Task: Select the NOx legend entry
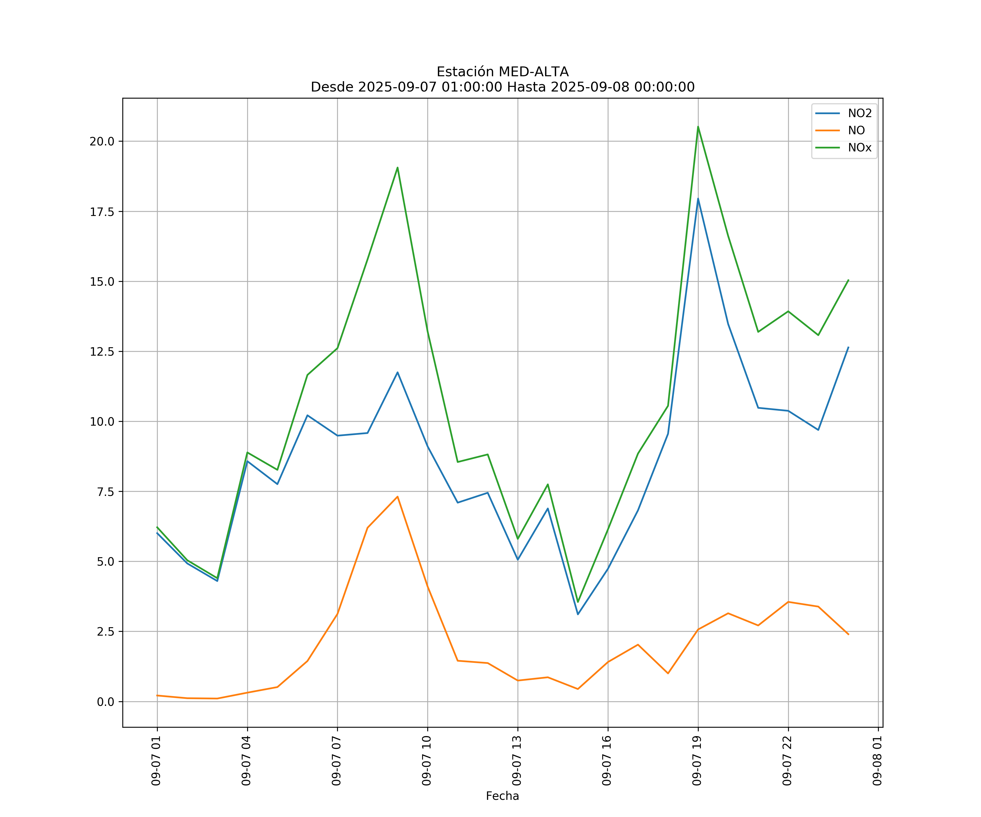(859, 148)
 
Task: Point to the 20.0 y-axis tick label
(102, 141)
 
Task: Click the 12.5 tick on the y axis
(102, 352)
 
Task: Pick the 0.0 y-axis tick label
(105, 702)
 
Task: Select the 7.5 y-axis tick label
(105, 492)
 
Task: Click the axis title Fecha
(502, 796)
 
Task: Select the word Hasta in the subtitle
(526, 87)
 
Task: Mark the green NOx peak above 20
(698, 127)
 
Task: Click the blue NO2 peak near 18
(698, 199)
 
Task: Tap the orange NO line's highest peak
(398, 497)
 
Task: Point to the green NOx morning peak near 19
(398, 167)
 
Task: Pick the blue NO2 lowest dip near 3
(578, 614)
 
